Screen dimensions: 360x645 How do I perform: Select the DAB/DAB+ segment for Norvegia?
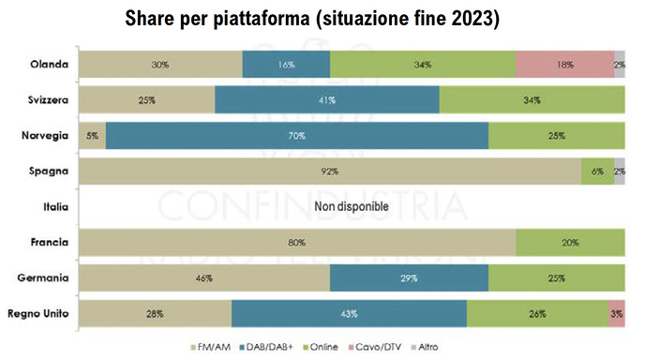point(297,136)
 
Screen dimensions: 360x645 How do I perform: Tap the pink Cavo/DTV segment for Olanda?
point(564,65)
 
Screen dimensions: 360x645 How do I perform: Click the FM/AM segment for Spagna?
point(329,172)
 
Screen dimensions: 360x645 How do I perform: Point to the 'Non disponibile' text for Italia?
point(351,208)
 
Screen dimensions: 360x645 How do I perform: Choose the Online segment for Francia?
point(570,243)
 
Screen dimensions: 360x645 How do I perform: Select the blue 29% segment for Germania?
point(409,278)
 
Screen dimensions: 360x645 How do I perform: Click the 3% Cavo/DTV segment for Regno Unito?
point(616,313)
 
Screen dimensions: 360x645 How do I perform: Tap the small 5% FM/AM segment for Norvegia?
point(92,136)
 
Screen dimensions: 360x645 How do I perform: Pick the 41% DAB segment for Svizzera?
point(326,100)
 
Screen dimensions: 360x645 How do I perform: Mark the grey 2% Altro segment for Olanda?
point(620,65)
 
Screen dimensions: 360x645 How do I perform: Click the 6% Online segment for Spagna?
point(597,172)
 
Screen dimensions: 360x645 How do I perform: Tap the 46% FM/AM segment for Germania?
point(203,278)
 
